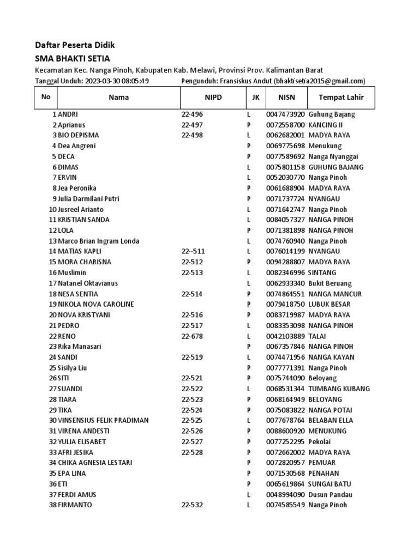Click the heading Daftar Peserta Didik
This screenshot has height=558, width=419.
[x=75, y=45]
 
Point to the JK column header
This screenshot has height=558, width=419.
[x=255, y=98]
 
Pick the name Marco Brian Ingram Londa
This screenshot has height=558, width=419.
[x=98, y=241]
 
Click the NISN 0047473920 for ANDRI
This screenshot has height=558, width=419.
[x=285, y=114]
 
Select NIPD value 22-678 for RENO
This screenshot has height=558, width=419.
[x=192, y=336]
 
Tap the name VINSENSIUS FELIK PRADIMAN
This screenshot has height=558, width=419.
[x=103, y=420]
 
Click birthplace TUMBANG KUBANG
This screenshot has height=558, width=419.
[x=339, y=389]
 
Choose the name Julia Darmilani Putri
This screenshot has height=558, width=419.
[x=88, y=198]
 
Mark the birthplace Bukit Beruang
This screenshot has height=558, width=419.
[x=330, y=283]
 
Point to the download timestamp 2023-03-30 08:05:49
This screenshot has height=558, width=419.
[x=117, y=81]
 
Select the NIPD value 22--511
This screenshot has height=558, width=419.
[x=193, y=251]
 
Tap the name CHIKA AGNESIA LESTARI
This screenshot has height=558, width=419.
[x=95, y=463]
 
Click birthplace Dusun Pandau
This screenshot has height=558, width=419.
[x=330, y=494]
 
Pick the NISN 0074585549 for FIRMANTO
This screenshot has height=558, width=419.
[x=285, y=505]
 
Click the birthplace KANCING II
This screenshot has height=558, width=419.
[x=326, y=125]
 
